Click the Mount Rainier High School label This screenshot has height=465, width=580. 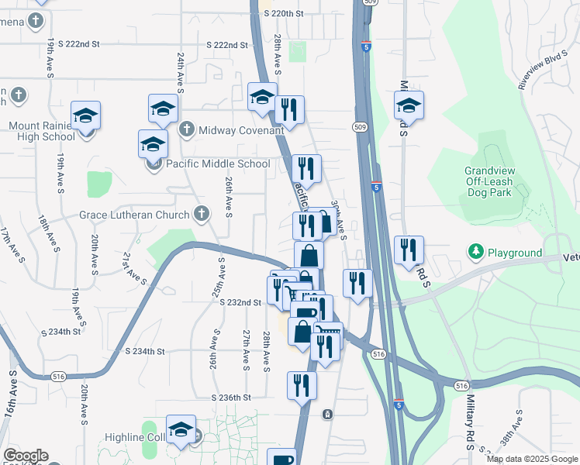point(42,131)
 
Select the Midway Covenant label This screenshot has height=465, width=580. point(241,130)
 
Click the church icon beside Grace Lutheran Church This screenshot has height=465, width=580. point(201,214)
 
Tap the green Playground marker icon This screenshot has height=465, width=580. point(475,252)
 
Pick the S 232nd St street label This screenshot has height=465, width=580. point(240,302)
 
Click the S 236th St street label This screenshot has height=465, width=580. point(233,398)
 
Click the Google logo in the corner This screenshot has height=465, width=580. point(26,456)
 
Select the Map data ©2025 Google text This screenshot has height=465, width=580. point(532,459)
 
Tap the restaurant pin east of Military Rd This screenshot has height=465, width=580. point(409,250)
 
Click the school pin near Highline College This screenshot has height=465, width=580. point(181,429)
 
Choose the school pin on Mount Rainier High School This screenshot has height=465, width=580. point(85,115)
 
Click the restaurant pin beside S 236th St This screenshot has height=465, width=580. point(302,385)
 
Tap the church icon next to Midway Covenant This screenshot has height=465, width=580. point(187,129)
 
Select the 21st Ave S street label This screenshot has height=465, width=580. point(133,267)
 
